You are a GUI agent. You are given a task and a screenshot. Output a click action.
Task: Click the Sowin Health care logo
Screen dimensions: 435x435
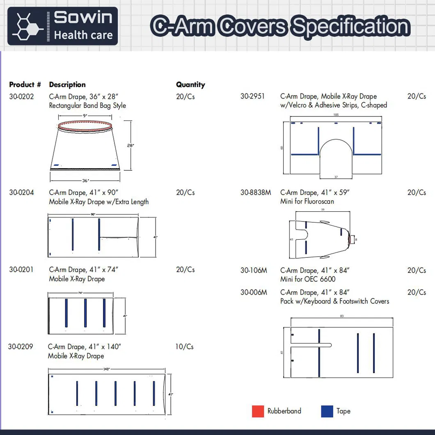click(62, 26)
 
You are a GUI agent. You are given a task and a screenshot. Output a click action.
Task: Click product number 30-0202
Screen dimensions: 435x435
click(21, 97)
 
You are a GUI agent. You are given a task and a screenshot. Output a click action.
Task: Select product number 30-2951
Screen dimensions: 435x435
click(252, 96)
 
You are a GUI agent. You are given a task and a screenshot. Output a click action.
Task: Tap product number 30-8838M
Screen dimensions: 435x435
click(256, 192)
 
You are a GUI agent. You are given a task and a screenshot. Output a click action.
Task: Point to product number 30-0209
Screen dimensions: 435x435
click(21, 347)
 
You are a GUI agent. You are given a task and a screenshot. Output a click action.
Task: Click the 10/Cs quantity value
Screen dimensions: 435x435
click(184, 347)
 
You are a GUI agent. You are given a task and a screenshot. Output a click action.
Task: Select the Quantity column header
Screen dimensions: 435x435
click(190, 85)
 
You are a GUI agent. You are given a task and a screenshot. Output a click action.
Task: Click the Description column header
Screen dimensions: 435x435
click(67, 85)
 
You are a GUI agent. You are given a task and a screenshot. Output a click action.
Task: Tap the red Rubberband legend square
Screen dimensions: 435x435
click(258, 411)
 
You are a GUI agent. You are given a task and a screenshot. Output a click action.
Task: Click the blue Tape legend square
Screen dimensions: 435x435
click(327, 411)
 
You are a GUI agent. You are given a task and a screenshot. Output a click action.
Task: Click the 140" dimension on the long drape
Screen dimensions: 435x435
click(106, 369)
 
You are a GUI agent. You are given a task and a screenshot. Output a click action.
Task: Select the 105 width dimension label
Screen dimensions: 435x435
click(336, 115)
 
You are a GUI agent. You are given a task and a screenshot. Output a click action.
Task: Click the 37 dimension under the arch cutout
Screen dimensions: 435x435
click(336, 177)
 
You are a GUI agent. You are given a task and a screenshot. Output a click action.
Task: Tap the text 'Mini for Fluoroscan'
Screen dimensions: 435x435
click(307, 201)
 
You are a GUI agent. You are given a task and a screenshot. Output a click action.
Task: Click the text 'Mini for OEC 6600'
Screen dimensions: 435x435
click(308, 279)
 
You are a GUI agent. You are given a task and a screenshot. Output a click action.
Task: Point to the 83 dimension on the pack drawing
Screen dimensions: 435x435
click(341, 316)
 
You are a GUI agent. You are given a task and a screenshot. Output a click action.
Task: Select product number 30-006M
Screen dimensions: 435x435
click(254, 293)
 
